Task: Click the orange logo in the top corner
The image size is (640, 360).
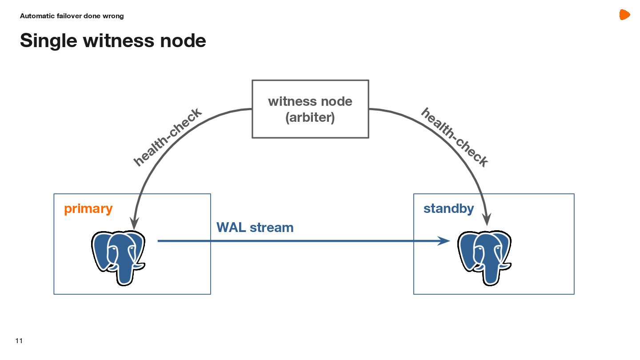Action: click(624, 15)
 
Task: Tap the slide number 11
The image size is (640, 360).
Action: click(19, 341)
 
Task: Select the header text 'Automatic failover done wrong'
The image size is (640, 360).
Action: click(72, 16)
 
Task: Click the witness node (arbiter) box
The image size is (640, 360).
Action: click(310, 109)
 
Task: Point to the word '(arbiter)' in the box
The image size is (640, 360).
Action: click(310, 118)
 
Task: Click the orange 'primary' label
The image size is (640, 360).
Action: click(88, 209)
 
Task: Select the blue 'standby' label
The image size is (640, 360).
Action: click(448, 208)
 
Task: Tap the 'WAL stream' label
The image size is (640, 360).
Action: click(255, 228)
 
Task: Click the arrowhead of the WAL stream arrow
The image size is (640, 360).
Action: click(444, 241)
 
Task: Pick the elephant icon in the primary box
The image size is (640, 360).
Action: click(118, 257)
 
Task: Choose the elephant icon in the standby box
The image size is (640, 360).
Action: click(484, 257)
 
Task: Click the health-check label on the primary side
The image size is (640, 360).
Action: click(168, 137)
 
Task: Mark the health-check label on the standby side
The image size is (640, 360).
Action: click(454, 137)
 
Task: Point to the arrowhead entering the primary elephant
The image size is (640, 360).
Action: click(134, 222)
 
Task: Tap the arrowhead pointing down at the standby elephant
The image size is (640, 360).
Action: click(487, 219)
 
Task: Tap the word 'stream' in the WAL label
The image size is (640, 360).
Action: click(272, 228)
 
